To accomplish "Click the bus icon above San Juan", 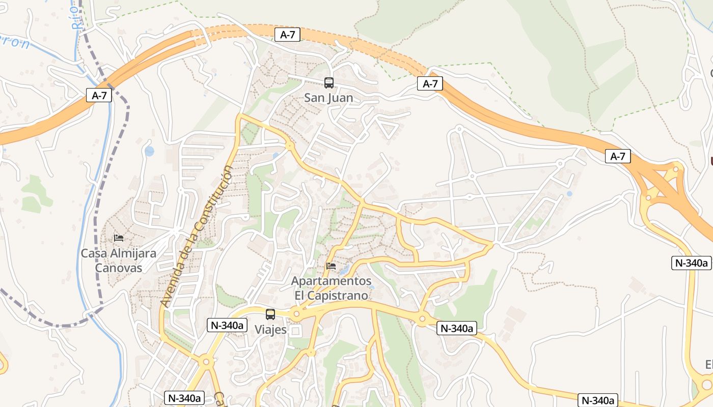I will (329, 82).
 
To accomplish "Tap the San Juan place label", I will (328, 98).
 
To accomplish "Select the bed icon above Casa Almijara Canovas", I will (119, 238).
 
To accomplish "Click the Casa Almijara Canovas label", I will (119, 260).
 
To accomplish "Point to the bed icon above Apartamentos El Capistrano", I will (331, 266).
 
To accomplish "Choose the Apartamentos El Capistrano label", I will (331, 288).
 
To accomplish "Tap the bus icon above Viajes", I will (270, 314).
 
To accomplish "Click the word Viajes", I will (270, 330).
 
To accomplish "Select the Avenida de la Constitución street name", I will (197, 236).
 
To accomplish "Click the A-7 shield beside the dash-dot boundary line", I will (99, 95).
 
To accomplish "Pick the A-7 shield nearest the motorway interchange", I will (618, 156).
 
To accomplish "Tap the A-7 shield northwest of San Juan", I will (287, 35).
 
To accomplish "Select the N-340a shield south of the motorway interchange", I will (691, 263).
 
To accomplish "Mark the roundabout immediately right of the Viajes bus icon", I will (296, 313).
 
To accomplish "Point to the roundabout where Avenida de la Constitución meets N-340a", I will (206, 362).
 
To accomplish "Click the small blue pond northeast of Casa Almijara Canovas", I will (149, 151).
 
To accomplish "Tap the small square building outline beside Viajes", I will (295, 331).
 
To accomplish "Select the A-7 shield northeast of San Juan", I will (430, 83).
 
